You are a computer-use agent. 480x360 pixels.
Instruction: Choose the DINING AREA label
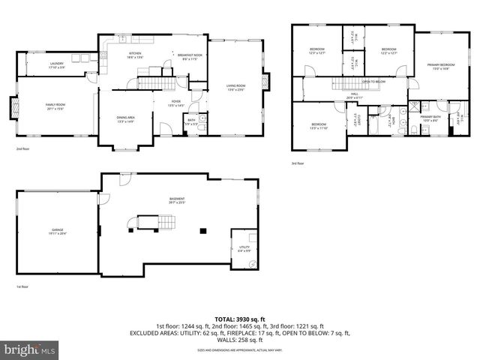(125, 119)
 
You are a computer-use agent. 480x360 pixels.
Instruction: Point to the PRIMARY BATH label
(430, 118)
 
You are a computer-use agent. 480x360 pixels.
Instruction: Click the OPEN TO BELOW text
(373, 82)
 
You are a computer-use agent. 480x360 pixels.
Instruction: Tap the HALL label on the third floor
(354, 95)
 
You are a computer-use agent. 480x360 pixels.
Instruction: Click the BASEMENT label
(176, 200)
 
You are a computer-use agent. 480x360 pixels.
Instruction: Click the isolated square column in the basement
(202, 230)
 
